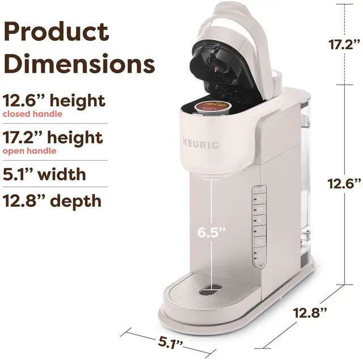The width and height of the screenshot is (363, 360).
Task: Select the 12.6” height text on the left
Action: [54, 101]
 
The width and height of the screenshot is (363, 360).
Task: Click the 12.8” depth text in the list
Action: [52, 200]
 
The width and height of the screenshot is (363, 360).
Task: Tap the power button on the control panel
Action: [260, 241]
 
